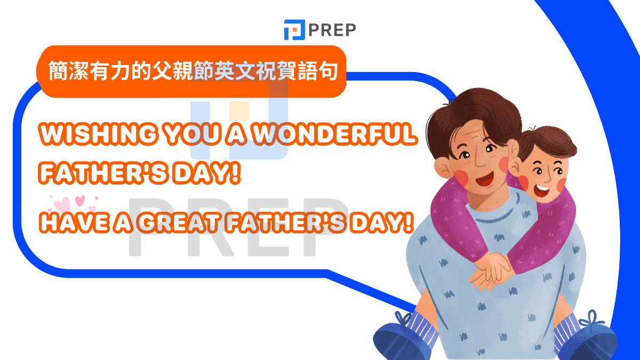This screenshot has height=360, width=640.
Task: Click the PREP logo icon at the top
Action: click(293, 30)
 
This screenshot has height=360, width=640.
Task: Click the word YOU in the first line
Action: click(186, 135)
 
